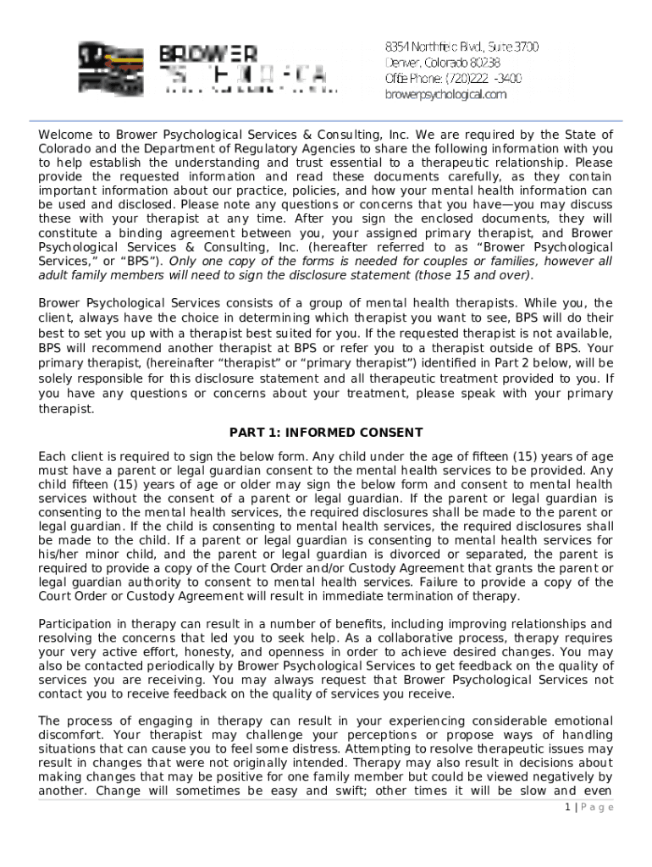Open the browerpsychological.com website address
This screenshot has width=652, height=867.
tap(446, 94)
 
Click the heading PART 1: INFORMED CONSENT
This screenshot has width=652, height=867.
tap(326, 433)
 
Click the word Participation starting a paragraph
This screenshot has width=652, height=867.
tap(77, 624)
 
